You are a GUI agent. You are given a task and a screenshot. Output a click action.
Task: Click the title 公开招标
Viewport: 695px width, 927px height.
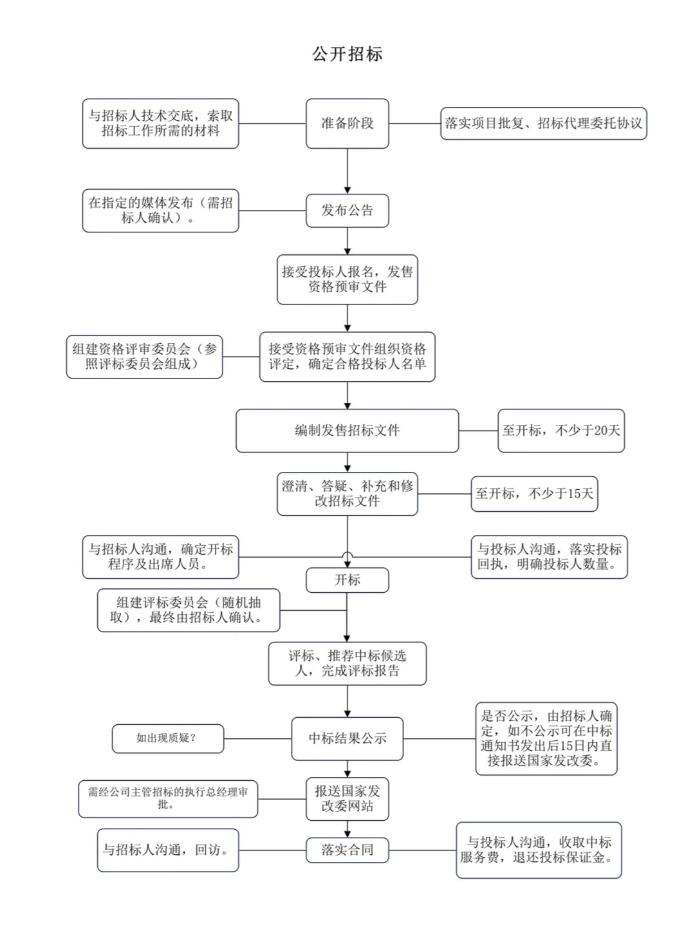pos(347,54)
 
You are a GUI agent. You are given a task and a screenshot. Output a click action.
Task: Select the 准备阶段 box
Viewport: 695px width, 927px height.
pos(347,124)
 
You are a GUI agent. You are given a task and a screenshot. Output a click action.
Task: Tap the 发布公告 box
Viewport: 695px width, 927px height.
pos(347,211)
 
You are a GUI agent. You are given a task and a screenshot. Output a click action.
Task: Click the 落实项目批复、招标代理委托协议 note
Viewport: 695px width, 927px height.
pos(543,124)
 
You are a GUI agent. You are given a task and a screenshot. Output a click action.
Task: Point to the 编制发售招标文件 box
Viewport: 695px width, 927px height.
pos(347,431)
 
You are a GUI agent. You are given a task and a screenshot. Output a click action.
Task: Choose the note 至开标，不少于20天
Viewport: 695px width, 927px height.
pos(561,431)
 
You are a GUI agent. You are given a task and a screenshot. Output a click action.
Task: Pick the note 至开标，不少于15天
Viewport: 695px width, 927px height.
pos(534,494)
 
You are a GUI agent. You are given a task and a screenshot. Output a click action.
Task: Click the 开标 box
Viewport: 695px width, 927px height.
pos(347,580)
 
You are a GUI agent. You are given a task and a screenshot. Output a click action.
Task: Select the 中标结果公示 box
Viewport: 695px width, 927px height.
pos(347,738)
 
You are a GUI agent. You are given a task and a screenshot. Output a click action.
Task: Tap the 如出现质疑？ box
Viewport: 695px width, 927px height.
pos(168,738)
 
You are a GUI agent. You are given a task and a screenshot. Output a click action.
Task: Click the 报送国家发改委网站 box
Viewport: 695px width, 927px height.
pos(347,799)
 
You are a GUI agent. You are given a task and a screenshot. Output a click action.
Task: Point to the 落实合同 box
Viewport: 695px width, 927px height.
pos(347,850)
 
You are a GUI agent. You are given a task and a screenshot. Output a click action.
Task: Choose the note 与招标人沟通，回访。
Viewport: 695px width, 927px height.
pos(168,850)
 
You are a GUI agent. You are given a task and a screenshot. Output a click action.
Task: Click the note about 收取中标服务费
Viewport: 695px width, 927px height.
pos(539,850)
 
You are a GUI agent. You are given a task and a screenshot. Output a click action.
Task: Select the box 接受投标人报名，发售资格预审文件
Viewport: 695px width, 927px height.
pos(347,279)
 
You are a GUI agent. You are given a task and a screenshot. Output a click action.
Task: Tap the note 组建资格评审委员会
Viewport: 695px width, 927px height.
pos(144,357)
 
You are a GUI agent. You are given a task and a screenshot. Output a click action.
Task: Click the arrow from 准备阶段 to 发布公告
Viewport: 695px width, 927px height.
pos(347,171)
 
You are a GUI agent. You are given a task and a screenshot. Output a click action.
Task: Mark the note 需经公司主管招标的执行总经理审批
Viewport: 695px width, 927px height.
pos(168,799)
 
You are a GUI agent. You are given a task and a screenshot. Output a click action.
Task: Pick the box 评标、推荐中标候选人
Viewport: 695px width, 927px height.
pos(347,663)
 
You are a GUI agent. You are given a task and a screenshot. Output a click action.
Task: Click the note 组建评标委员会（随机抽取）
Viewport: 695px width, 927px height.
pos(189,610)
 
